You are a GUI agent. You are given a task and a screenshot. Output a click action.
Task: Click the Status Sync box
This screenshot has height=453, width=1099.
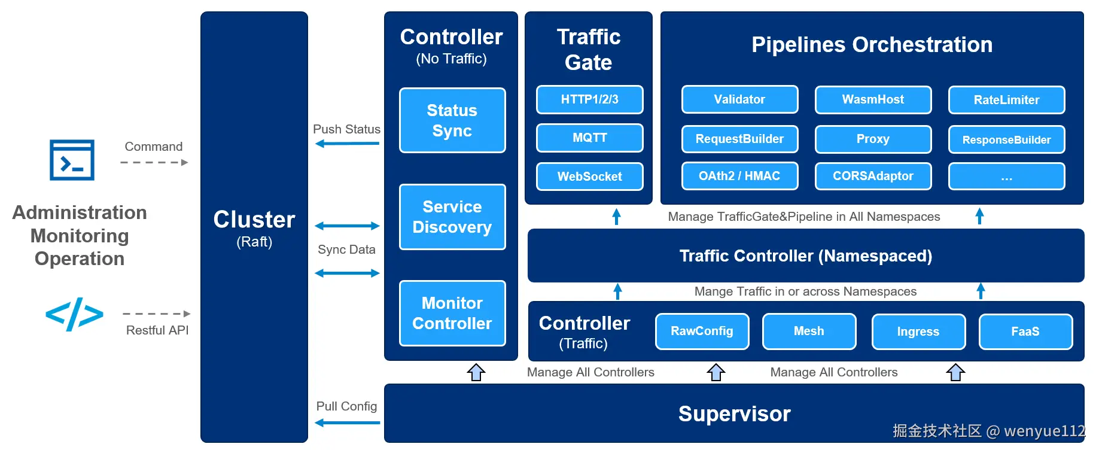pos(452,120)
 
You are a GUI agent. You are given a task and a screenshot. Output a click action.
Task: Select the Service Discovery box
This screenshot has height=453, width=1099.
pos(452,217)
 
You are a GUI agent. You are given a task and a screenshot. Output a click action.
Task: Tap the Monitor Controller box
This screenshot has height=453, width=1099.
pos(452,313)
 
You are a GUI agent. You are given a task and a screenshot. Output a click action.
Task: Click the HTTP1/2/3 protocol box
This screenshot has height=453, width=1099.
pos(589,99)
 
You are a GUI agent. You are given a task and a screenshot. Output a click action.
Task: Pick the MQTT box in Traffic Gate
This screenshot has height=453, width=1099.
pos(589,138)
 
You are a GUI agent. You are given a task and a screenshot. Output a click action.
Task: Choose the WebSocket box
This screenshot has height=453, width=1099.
pos(589,177)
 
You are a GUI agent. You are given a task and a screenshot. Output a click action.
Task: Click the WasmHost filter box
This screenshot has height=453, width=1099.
pos(873,99)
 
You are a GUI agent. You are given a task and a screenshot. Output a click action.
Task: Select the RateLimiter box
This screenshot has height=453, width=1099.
pos(1006,100)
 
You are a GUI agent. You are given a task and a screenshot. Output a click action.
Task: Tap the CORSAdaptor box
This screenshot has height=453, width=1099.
pos(873,176)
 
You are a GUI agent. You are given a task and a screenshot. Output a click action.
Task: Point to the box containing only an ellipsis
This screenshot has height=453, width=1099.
pos(1006,177)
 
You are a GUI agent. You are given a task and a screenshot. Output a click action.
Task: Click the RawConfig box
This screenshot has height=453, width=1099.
pos(702,331)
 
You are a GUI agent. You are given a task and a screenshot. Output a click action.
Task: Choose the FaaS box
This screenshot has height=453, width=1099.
pos(1025,332)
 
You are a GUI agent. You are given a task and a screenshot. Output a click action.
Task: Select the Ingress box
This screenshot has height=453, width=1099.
pos(918,332)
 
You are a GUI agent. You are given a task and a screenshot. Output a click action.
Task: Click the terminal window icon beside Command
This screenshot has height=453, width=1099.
pos(72,160)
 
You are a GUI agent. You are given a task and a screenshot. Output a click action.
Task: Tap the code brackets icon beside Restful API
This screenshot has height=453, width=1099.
pos(74,314)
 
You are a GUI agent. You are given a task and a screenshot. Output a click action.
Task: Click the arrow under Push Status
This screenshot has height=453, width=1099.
pos(347,144)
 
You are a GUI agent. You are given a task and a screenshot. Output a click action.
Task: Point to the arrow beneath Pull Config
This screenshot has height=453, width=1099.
pos(347,422)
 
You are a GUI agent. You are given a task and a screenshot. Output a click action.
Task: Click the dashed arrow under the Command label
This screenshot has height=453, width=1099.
pos(154,162)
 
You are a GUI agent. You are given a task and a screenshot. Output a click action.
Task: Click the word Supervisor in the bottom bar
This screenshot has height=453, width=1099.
pos(734,414)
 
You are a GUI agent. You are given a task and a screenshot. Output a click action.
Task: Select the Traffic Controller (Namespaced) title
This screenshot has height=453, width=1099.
pos(805,256)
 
